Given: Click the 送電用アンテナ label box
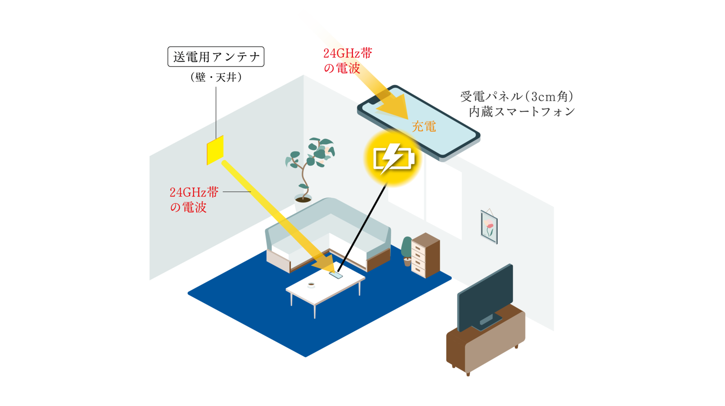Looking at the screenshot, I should coord(216,57).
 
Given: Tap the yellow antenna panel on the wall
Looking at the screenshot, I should coord(215,150).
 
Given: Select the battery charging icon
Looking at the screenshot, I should coord(393,158).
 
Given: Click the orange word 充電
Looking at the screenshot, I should coord(424,127).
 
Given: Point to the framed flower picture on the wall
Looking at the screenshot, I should coord(489,226).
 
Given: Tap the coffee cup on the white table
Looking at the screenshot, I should coord(311,285).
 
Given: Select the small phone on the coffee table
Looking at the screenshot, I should coord(337,275).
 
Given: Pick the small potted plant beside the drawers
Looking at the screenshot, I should coord(407,252).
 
